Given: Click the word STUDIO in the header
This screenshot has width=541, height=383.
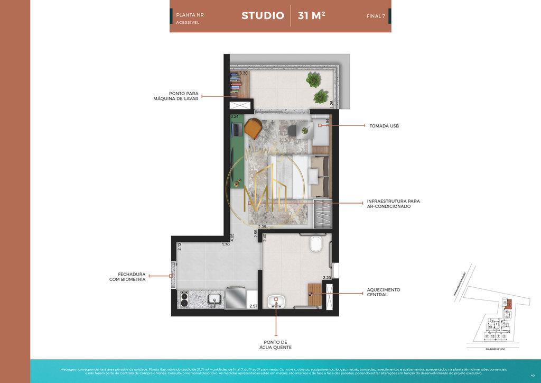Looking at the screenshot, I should [x=263, y=15].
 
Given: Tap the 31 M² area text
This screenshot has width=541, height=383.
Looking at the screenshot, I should [x=311, y=15].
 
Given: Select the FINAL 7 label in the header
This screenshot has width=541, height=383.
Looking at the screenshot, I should [x=376, y=16].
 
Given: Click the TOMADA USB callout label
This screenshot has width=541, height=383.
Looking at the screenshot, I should [x=384, y=126].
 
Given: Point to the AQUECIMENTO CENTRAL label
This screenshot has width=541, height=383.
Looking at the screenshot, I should [x=384, y=292].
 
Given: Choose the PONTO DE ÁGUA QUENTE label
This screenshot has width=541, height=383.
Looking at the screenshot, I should [x=275, y=344].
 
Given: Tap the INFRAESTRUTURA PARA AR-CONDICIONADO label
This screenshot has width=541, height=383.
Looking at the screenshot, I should [x=393, y=204].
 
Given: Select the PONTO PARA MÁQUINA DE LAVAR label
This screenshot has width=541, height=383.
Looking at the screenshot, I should [x=176, y=96].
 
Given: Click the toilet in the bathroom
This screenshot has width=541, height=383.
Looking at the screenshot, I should [x=316, y=245].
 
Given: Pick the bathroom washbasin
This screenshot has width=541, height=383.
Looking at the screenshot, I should [x=275, y=302].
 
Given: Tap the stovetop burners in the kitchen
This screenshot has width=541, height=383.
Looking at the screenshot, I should [x=184, y=300].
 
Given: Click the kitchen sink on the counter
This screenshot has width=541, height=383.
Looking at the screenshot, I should [x=214, y=299].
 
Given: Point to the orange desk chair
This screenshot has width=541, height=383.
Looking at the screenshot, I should [x=253, y=127].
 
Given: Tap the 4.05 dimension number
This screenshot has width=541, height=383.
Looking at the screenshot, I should [x=232, y=238].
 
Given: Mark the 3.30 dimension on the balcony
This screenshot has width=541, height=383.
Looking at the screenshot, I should [x=244, y=73].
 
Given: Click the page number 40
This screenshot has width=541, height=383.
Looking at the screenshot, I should [x=532, y=375].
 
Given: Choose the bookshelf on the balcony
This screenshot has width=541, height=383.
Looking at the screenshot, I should [x=236, y=85].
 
